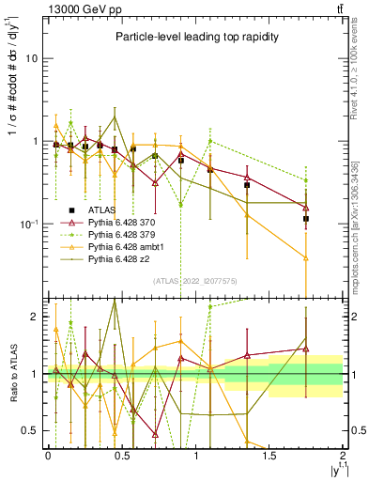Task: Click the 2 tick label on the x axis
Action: (344, 455)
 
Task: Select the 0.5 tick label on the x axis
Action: (121, 455)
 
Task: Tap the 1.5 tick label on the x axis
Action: (269, 455)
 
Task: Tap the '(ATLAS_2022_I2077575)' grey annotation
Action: (194, 281)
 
